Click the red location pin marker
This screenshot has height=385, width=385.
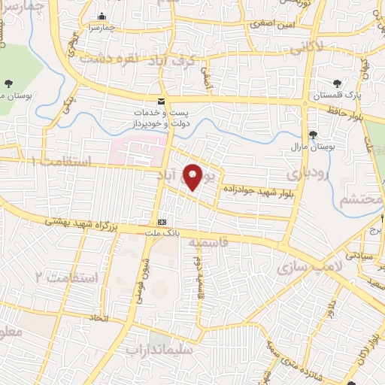coord(193,177)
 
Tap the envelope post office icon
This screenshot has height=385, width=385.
coord(160,102)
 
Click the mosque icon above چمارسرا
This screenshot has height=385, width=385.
coord(102,17)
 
